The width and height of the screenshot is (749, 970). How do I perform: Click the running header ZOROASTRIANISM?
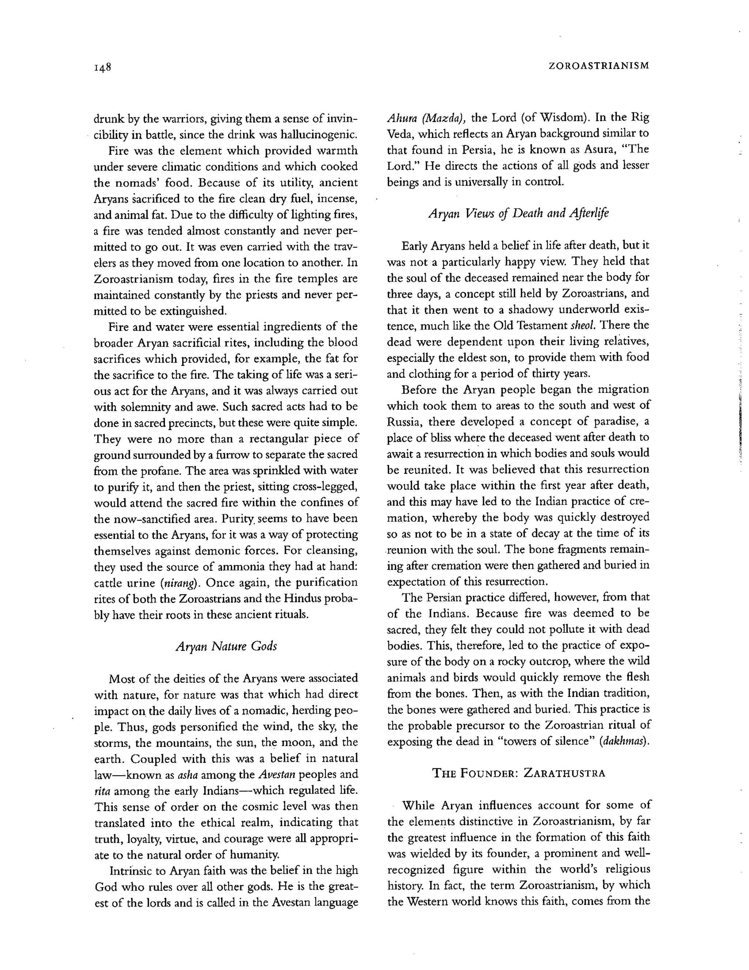coord(599,66)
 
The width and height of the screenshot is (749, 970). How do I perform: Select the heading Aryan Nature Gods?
coord(226,646)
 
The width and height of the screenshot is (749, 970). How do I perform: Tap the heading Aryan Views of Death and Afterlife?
coord(518,213)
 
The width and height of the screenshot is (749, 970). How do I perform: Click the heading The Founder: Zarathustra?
coord(518,773)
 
